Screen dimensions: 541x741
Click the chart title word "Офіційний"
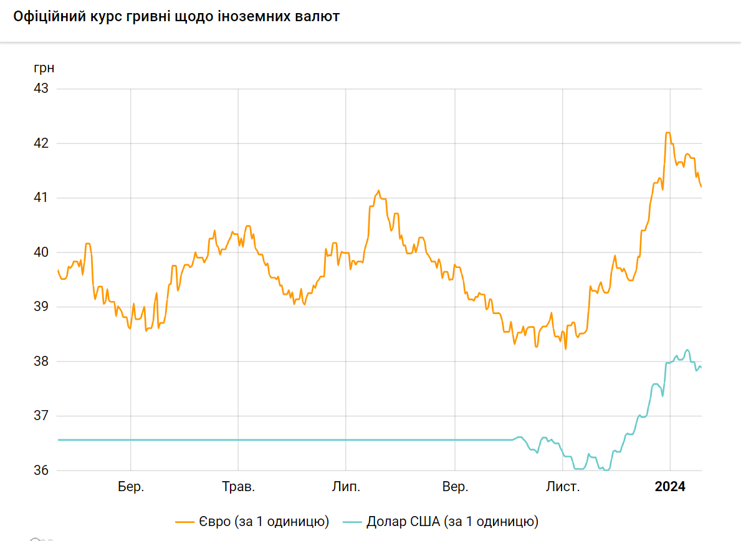point(47,17)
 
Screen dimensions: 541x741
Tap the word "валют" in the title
point(319,17)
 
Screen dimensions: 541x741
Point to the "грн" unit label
point(44,68)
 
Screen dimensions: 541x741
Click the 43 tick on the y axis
point(41,89)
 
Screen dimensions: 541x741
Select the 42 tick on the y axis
point(41,143)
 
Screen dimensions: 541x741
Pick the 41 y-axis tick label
point(41,198)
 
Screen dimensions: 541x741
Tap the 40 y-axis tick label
point(41,252)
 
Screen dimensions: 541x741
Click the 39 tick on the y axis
point(41,307)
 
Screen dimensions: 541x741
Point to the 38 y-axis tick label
point(41,361)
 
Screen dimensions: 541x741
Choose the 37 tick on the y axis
point(41,416)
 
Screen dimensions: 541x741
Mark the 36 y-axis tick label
point(41,471)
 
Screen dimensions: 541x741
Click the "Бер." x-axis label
point(131,487)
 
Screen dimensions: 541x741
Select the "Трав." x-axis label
point(238,487)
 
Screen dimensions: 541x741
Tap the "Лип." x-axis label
point(346,487)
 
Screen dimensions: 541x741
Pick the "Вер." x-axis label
point(455,487)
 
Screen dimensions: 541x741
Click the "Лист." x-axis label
point(563,487)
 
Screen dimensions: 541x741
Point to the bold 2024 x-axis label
point(670,487)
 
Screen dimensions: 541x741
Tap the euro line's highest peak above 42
point(668,133)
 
